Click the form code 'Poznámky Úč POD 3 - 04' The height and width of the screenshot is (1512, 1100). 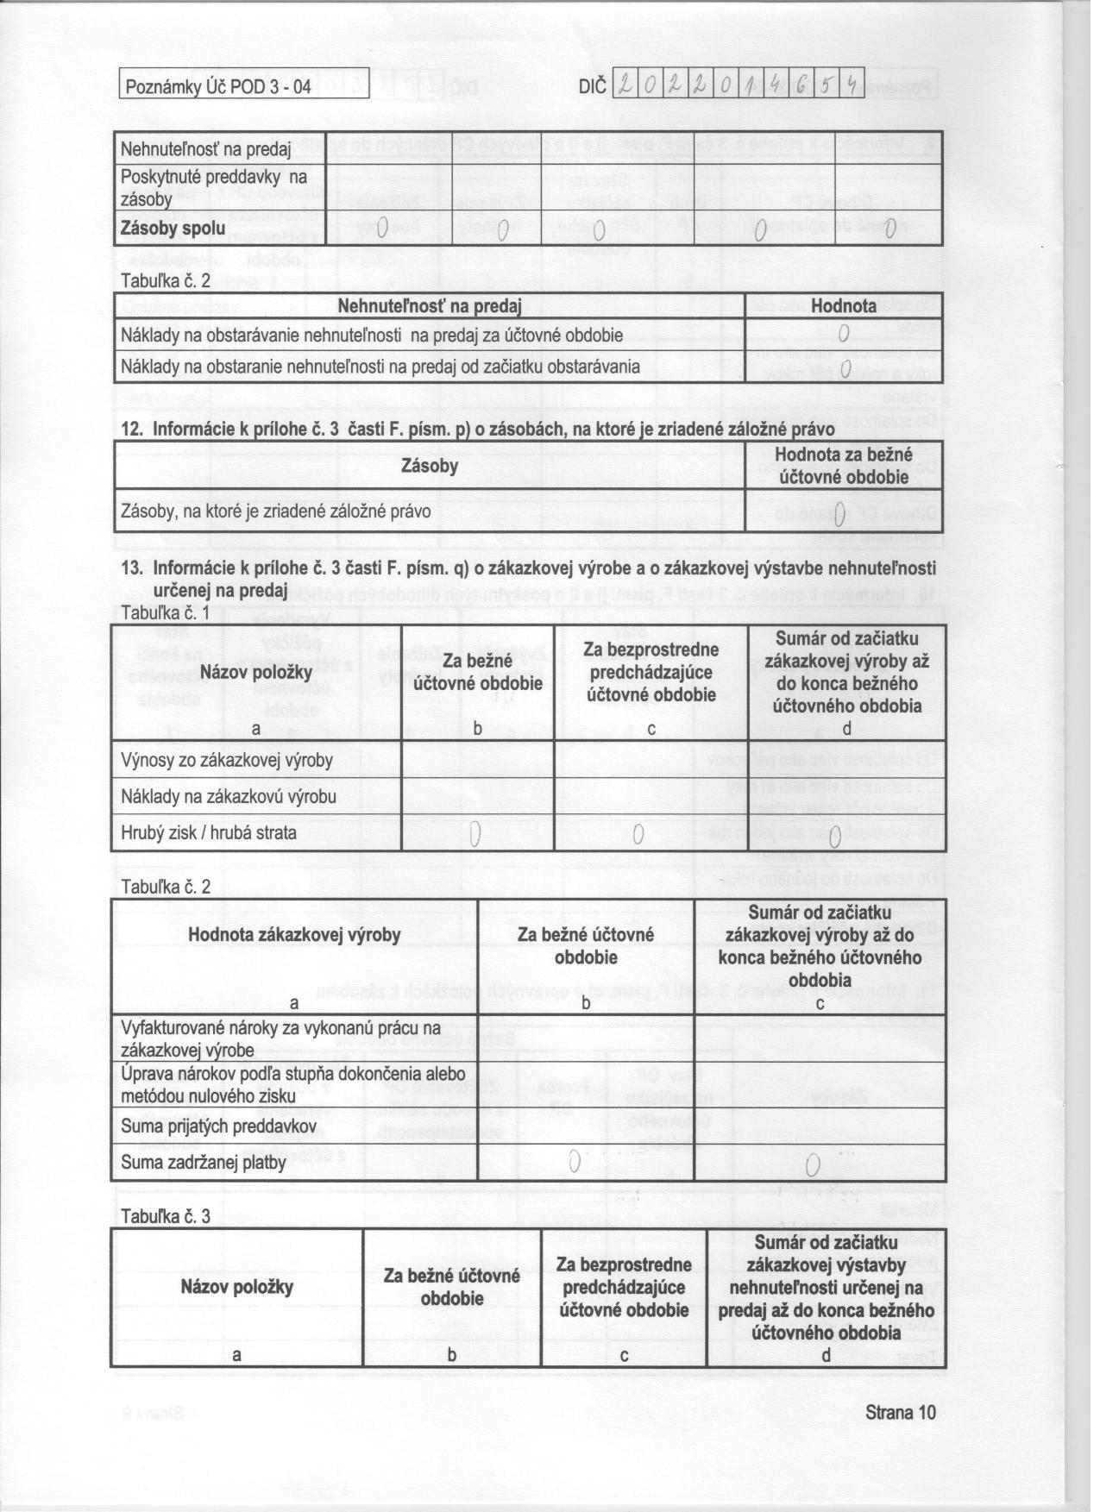tap(217, 87)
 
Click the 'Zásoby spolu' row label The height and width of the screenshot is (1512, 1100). tap(173, 229)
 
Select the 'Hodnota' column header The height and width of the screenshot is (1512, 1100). tap(843, 306)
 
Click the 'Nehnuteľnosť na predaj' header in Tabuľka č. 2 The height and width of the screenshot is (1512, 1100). tap(429, 306)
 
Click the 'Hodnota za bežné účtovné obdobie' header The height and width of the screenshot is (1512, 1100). tap(843, 466)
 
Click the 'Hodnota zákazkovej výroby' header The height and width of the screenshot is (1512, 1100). tap(294, 935)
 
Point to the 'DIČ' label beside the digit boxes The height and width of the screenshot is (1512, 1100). tap(594, 87)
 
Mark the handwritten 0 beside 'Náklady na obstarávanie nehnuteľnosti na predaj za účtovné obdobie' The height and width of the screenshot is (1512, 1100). tap(845, 334)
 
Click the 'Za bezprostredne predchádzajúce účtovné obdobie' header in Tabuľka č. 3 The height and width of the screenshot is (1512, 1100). tap(624, 1287)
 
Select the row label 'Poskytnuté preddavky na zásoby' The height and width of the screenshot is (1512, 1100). tap(214, 187)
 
